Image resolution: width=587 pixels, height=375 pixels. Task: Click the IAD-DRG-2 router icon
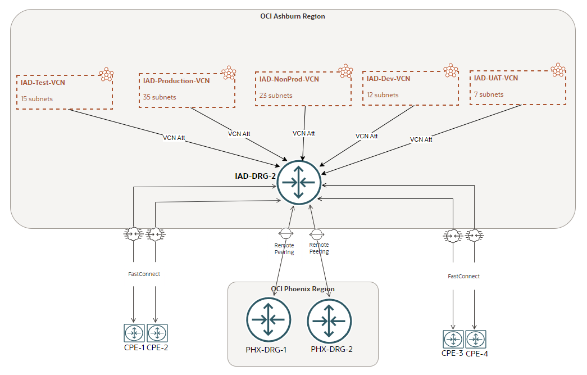click(x=299, y=182)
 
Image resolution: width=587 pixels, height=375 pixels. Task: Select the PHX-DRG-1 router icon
click(x=269, y=319)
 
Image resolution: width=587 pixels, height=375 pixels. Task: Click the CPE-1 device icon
click(x=134, y=333)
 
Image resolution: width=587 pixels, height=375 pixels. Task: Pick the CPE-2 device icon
click(x=157, y=333)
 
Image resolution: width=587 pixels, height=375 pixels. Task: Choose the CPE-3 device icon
click(x=453, y=339)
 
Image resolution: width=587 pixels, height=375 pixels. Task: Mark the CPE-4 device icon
click(x=475, y=339)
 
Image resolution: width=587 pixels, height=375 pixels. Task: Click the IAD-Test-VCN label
click(x=43, y=83)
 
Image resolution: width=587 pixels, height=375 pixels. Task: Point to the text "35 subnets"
click(x=160, y=97)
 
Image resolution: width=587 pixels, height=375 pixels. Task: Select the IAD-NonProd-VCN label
click(x=289, y=79)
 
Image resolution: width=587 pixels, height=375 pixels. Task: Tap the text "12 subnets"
click(x=383, y=95)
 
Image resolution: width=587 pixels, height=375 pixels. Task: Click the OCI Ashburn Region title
click(x=293, y=16)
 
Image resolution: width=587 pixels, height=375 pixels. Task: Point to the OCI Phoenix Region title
click(x=303, y=289)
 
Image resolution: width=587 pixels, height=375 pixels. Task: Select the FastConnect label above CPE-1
click(x=144, y=274)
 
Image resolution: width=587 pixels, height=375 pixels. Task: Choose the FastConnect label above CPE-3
click(x=463, y=277)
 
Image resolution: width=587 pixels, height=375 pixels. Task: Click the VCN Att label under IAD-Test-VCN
click(x=174, y=137)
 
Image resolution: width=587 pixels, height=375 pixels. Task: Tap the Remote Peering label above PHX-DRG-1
click(x=284, y=249)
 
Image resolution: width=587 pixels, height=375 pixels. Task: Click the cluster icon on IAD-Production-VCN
click(x=229, y=72)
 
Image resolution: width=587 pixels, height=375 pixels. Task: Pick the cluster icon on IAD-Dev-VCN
click(x=451, y=70)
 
